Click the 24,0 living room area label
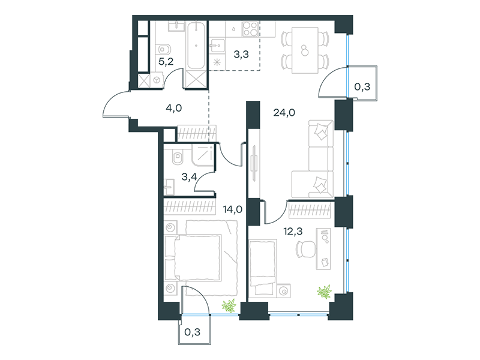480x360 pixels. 284,113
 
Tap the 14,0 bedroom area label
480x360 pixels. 233,209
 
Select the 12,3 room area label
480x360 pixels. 293,232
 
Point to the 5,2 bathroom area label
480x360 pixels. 166,62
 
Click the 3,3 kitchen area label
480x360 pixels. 241,55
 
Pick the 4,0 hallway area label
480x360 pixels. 174,108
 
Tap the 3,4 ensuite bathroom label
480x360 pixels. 189,176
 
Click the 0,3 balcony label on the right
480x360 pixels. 362,87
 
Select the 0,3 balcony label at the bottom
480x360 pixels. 193,332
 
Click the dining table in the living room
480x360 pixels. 305,50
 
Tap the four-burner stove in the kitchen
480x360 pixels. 250,29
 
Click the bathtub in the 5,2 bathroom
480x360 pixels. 196,46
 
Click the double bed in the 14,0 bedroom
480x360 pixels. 193,258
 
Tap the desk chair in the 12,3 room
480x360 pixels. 305,248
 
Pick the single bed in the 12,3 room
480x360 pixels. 263,267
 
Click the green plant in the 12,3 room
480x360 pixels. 325,292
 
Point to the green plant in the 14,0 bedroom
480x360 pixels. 229,306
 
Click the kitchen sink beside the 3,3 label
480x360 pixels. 217,46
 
